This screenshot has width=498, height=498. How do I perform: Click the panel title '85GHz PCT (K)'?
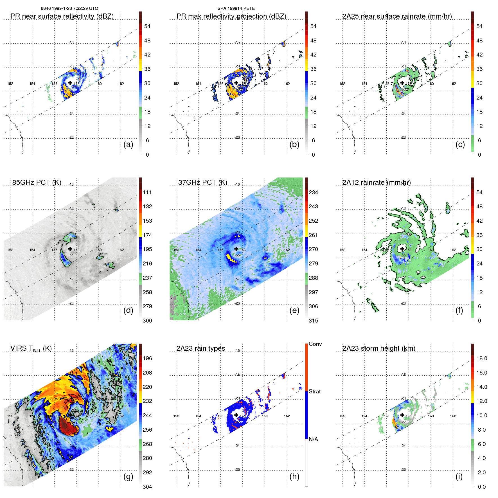tap(37, 182)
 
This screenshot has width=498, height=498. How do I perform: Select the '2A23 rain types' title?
tap(200, 348)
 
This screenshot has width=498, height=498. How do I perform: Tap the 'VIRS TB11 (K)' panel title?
tap(31, 349)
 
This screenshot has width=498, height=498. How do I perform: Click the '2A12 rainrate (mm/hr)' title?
tap(376, 182)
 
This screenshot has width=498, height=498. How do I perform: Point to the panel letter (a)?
tap(128, 144)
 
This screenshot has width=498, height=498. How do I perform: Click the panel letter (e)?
tap(294, 310)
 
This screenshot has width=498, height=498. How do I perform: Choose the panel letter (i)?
tap(459, 476)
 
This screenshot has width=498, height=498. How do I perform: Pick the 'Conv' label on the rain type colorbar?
tap(315, 344)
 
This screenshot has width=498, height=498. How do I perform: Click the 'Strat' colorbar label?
tap(314, 391)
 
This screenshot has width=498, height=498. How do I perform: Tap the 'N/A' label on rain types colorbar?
tap(313, 439)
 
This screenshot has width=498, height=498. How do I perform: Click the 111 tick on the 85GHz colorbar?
tap(147, 192)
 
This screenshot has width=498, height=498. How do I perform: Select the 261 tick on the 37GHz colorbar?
tap(313, 235)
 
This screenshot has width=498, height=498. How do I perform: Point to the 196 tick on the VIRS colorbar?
tap(147, 358)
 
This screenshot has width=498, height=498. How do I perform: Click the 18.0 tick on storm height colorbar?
tap(481, 358)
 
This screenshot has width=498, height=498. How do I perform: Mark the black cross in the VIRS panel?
tap(70, 414)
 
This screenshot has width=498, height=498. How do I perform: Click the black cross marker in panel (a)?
tap(70, 83)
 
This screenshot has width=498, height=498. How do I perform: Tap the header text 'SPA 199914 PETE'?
tap(236, 8)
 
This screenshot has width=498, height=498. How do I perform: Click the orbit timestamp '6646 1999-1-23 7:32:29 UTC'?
tap(69, 8)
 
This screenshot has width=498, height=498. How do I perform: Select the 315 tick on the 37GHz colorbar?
tap(313, 321)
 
